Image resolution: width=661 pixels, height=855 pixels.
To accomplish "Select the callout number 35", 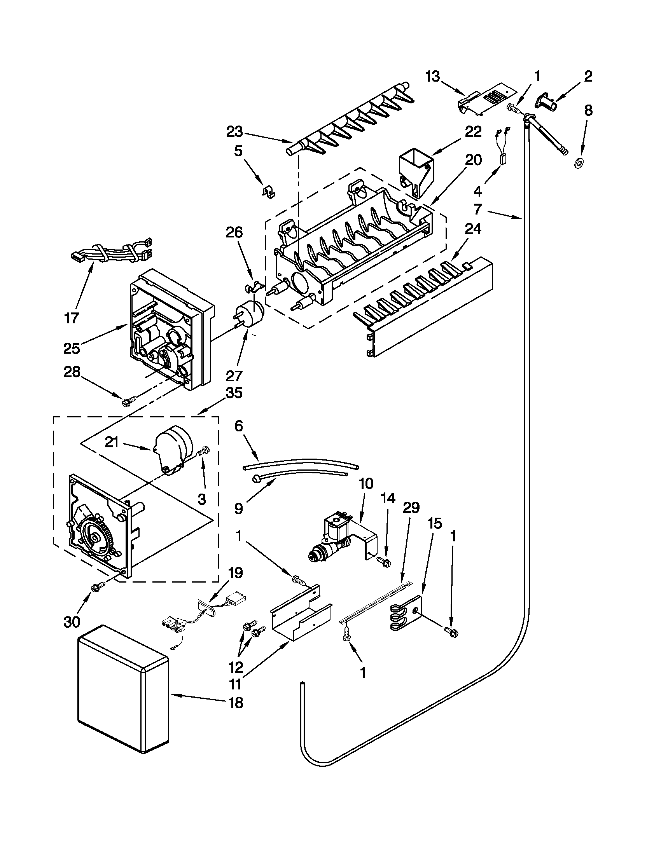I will [234, 393].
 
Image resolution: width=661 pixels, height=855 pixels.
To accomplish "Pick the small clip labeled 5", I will [268, 192].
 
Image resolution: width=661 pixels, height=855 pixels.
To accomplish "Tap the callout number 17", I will [72, 318].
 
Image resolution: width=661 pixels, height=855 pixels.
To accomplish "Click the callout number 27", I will [234, 376].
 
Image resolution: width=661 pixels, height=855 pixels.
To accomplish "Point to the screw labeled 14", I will [383, 562].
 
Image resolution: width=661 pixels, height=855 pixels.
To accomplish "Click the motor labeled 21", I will [172, 448].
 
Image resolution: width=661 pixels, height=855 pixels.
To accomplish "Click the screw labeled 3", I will [203, 451].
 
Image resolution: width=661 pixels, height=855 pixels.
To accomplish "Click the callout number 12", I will [236, 667].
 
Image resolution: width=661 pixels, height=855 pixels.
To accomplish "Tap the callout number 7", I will [477, 209].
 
